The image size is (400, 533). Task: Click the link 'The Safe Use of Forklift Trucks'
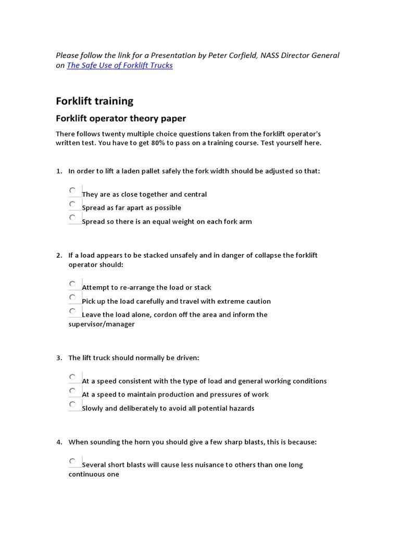[x=119, y=66]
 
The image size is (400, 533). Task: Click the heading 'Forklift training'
[x=94, y=101]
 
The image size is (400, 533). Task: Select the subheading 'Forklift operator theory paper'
[x=121, y=119]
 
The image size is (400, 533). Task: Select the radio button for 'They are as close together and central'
[x=72, y=191]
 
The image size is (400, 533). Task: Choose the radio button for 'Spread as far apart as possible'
[x=72, y=204]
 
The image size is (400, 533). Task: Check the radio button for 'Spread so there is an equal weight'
[x=72, y=218]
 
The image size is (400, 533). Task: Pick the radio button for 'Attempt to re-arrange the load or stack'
[x=72, y=284]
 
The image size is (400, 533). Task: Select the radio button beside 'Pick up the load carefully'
[x=72, y=297]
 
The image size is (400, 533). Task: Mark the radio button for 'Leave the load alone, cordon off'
[x=72, y=311]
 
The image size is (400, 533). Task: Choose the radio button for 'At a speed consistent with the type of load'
[x=72, y=377]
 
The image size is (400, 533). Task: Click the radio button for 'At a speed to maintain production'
[x=72, y=390]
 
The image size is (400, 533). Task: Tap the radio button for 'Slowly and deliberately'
[x=72, y=404]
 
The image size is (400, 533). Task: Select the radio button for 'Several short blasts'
[x=72, y=461]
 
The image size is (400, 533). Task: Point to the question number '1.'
[x=59, y=171]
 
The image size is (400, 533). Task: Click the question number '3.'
[x=59, y=358]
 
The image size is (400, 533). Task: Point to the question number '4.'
[x=59, y=442]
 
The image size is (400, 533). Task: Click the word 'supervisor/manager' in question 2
[x=102, y=324]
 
